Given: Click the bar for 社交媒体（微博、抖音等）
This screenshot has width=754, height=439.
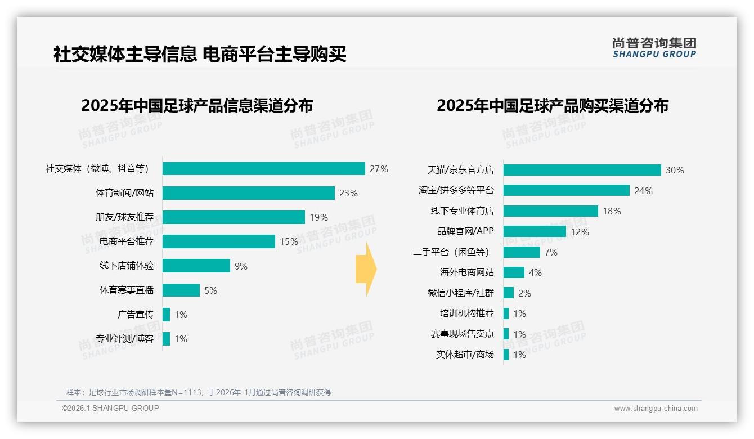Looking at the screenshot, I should click(263, 169).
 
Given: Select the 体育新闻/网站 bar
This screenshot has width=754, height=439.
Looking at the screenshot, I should click(249, 193).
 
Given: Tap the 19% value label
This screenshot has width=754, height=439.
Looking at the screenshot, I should click(318, 218).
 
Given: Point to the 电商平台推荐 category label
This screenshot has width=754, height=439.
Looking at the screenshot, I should click(127, 241).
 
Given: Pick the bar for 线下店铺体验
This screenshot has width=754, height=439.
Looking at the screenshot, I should click(196, 266).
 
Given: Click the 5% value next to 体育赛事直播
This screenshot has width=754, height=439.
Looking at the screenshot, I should click(210, 290).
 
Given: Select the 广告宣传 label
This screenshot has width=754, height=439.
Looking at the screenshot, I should click(136, 315).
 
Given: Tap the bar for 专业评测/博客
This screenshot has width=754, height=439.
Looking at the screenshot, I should click(166, 339).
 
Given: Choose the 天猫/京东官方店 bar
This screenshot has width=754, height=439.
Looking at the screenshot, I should click(582, 170).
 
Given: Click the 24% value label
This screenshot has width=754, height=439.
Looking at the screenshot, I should click(643, 191).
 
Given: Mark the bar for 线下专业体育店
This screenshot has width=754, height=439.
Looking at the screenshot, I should click(550, 211).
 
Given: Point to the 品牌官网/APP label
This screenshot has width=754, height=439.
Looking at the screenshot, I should click(465, 231).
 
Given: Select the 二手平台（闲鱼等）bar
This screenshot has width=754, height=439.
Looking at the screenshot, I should click(522, 252).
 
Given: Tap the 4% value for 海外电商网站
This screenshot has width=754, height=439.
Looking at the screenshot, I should click(535, 272).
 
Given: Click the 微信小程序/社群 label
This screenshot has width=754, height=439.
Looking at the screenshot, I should click(461, 293).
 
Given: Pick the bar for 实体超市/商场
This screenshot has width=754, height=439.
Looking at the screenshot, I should click(506, 355).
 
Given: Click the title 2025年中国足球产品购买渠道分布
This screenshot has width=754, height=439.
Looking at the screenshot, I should click(552, 106).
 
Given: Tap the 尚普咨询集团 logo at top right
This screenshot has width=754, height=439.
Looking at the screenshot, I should click(654, 47).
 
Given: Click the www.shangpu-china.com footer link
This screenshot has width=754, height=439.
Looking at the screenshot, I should click(656, 409).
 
